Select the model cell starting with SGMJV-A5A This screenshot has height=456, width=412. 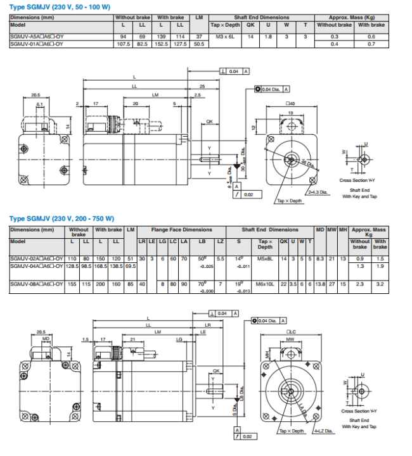[x=36, y=37]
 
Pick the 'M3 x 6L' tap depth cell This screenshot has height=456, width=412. [x=224, y=37]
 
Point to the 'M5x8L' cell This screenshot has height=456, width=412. [x=265, y=259]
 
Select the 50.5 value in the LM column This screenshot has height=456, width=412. [x=198, y=44]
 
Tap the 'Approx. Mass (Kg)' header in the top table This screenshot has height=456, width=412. [x=351, y=18]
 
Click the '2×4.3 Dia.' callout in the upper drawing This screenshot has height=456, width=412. [x=318, y=192]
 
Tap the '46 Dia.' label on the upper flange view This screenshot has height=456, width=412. [x=307, y=164]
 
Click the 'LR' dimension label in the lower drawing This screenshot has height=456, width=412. [x=207, y=324]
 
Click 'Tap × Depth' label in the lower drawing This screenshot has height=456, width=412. [x=292, y=431]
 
